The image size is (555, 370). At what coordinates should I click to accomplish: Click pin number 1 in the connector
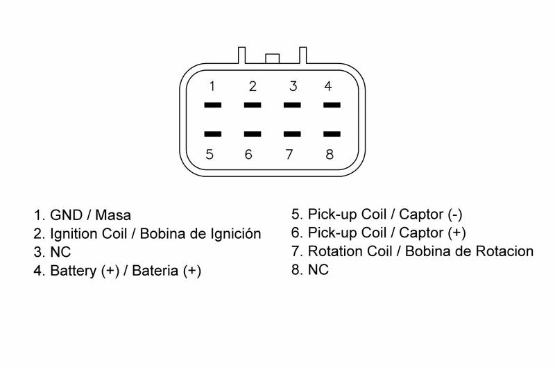212,87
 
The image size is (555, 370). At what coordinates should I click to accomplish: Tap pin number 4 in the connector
328,87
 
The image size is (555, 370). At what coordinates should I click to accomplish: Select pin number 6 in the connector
249,154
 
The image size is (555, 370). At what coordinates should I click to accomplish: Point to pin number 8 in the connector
330,154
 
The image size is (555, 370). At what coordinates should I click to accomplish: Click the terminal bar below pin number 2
253,106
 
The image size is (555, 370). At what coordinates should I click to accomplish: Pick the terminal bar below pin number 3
293,106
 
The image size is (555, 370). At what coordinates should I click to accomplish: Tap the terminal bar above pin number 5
212,133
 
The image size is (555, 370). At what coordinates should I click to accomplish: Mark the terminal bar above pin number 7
293,133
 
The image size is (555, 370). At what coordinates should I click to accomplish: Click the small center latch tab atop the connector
272,58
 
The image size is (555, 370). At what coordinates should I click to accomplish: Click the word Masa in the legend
112,215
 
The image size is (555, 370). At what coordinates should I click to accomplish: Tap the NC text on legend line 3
61,253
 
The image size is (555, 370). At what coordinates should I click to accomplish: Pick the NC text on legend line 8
318,270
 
